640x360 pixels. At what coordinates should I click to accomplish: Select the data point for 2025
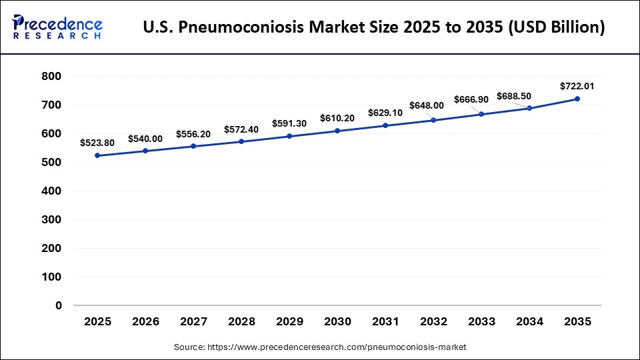coord(97,155)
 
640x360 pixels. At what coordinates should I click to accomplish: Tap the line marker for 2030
coord(337,131)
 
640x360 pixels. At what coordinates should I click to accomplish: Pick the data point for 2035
coord(577,99)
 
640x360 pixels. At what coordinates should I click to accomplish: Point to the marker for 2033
coord(481,114)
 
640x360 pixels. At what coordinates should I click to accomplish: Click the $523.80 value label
coord(97,143)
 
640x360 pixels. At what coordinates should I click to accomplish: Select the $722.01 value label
coord(577,86)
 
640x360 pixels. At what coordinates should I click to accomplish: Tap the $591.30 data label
coord(289,123)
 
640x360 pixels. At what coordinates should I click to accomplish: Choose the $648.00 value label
coord(433,105)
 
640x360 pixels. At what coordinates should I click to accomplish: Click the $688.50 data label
coord(513,96)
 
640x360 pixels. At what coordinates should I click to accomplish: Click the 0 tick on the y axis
coord(58,305)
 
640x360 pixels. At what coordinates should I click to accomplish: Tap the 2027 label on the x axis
coord(193,321)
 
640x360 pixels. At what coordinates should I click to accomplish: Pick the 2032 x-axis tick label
coord(433,321)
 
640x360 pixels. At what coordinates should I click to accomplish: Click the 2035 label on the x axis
coord(577,321)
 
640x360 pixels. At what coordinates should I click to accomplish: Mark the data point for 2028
coord(241,141)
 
